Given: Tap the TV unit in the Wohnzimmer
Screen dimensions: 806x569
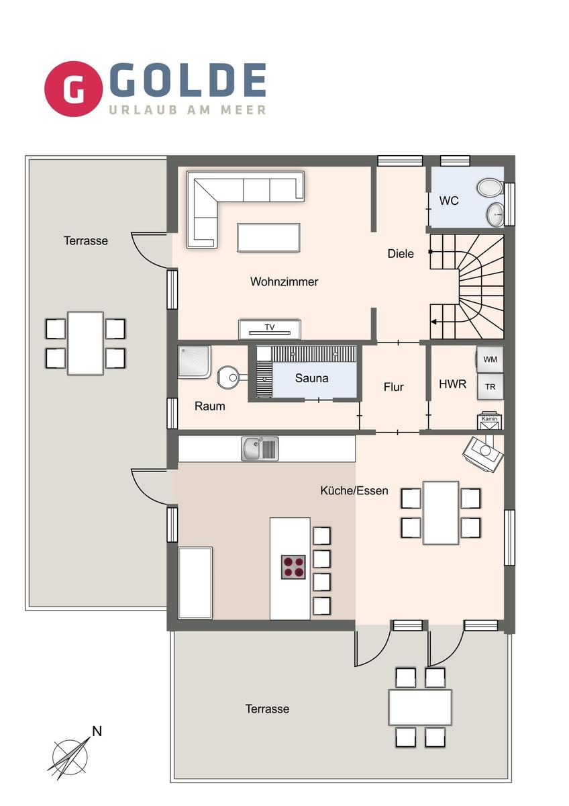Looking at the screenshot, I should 269,328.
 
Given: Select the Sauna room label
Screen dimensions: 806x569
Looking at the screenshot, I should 312,378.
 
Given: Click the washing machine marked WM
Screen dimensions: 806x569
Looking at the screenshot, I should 490,359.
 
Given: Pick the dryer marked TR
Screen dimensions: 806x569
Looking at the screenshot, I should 490,386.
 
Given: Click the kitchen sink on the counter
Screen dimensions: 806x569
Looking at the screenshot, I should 260,448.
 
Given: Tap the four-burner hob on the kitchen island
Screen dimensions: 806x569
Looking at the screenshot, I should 293,568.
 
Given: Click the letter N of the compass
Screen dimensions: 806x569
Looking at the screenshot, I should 97,731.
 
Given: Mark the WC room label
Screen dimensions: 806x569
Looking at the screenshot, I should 449,200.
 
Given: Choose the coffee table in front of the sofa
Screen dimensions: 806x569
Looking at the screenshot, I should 268,237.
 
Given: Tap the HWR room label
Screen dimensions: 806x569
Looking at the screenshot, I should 452,385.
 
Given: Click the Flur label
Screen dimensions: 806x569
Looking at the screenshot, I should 393,387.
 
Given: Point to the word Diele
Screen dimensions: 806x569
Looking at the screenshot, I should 401,254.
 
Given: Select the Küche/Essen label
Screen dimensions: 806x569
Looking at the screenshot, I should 354,490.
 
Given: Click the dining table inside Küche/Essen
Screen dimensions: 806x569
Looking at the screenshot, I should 441,512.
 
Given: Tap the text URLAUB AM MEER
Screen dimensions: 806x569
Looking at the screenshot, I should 187,109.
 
